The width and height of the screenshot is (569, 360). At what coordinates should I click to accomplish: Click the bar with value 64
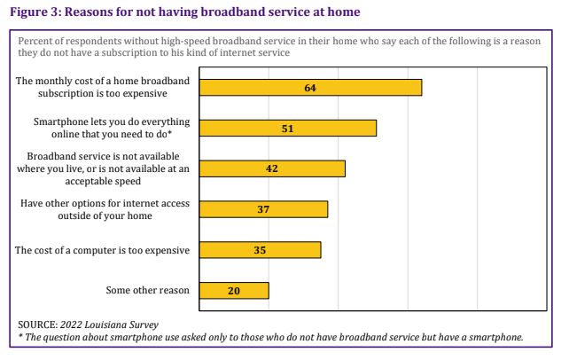coord(310,87)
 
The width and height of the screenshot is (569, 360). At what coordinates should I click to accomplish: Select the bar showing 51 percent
coord(288,128)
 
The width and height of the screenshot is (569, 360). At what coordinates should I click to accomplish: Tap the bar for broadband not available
coord(272,168)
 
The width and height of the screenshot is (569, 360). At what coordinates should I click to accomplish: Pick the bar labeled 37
coord(263,209)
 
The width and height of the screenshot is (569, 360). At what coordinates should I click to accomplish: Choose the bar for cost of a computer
coord(260,250)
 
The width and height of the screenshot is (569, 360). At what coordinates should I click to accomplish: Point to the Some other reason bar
coord(234,290)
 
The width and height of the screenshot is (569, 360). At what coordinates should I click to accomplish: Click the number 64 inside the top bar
coord(310,87)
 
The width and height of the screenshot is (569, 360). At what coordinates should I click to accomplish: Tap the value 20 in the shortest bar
coord(234,290)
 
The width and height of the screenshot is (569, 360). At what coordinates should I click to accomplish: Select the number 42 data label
coord(272,168)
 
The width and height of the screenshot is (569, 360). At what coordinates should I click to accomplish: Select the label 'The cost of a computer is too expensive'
coord(103,250)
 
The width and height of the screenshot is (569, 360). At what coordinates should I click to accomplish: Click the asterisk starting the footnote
coord(20,337)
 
